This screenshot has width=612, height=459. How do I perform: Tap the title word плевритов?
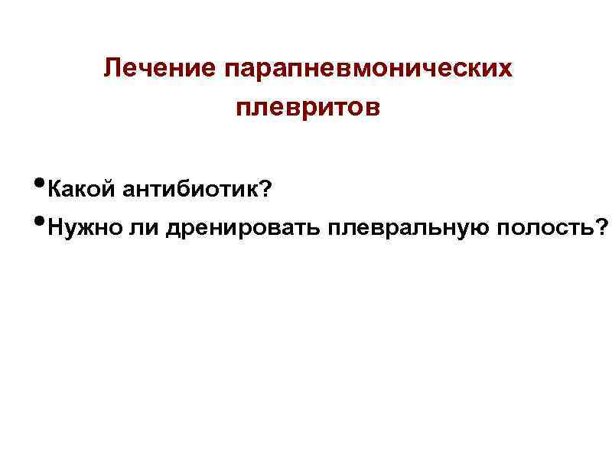click(x=308, y=107)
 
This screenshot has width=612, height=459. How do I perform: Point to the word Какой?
click(x=80, y=189)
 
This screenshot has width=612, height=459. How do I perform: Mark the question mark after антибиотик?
click(x=265, y=189)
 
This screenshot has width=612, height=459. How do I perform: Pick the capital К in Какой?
click(x=54, y=189)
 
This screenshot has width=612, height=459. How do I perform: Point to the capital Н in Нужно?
click(x=54, y=226)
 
